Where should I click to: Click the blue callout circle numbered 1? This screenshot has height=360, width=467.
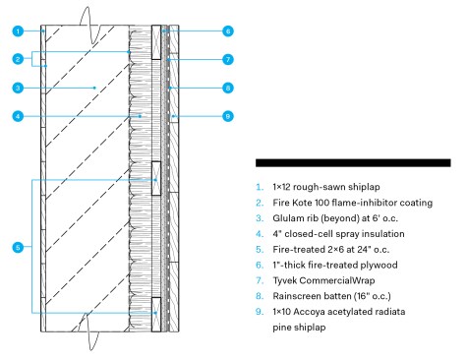pyautogui.click(x=18, y=31)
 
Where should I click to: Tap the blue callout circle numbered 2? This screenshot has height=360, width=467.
pyautogui.click(x=18, y=59)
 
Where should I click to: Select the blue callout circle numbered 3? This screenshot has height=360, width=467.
pyautogui.click(x=18, y=88)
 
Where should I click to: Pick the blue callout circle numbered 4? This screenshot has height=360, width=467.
pyautogui.click(x=18, y=116)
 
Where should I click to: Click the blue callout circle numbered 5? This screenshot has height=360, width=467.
pyautogui.click(x=18, y=247)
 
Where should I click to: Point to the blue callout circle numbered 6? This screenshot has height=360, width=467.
pyautogui.click(x=228, y=31)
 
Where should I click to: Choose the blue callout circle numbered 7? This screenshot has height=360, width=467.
pyautogui.click(x=228, y=60)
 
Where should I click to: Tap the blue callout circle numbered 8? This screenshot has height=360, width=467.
pyautogui.click(x=228, y=88)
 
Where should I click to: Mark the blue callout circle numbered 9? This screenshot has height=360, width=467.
pyautogui.click(x=228, y=116)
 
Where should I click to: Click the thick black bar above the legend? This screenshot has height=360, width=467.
pyautogui.click(x=353, y=163)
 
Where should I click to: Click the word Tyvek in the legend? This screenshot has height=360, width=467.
pyautogui.click(x=284, y=280)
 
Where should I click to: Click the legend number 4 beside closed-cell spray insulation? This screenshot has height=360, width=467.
pyautogui.click(x=260, y=234)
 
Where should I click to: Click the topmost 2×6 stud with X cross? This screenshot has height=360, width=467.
pyautogui.click(x=156, y=42)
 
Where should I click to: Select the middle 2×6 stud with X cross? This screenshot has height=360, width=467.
pyautogui.click(x=156, y=178)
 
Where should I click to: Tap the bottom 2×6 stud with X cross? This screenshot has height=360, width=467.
pyautogui.click(x=156, y=315)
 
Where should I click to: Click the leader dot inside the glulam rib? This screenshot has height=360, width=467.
pyautogui.click(x=94, y=88)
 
